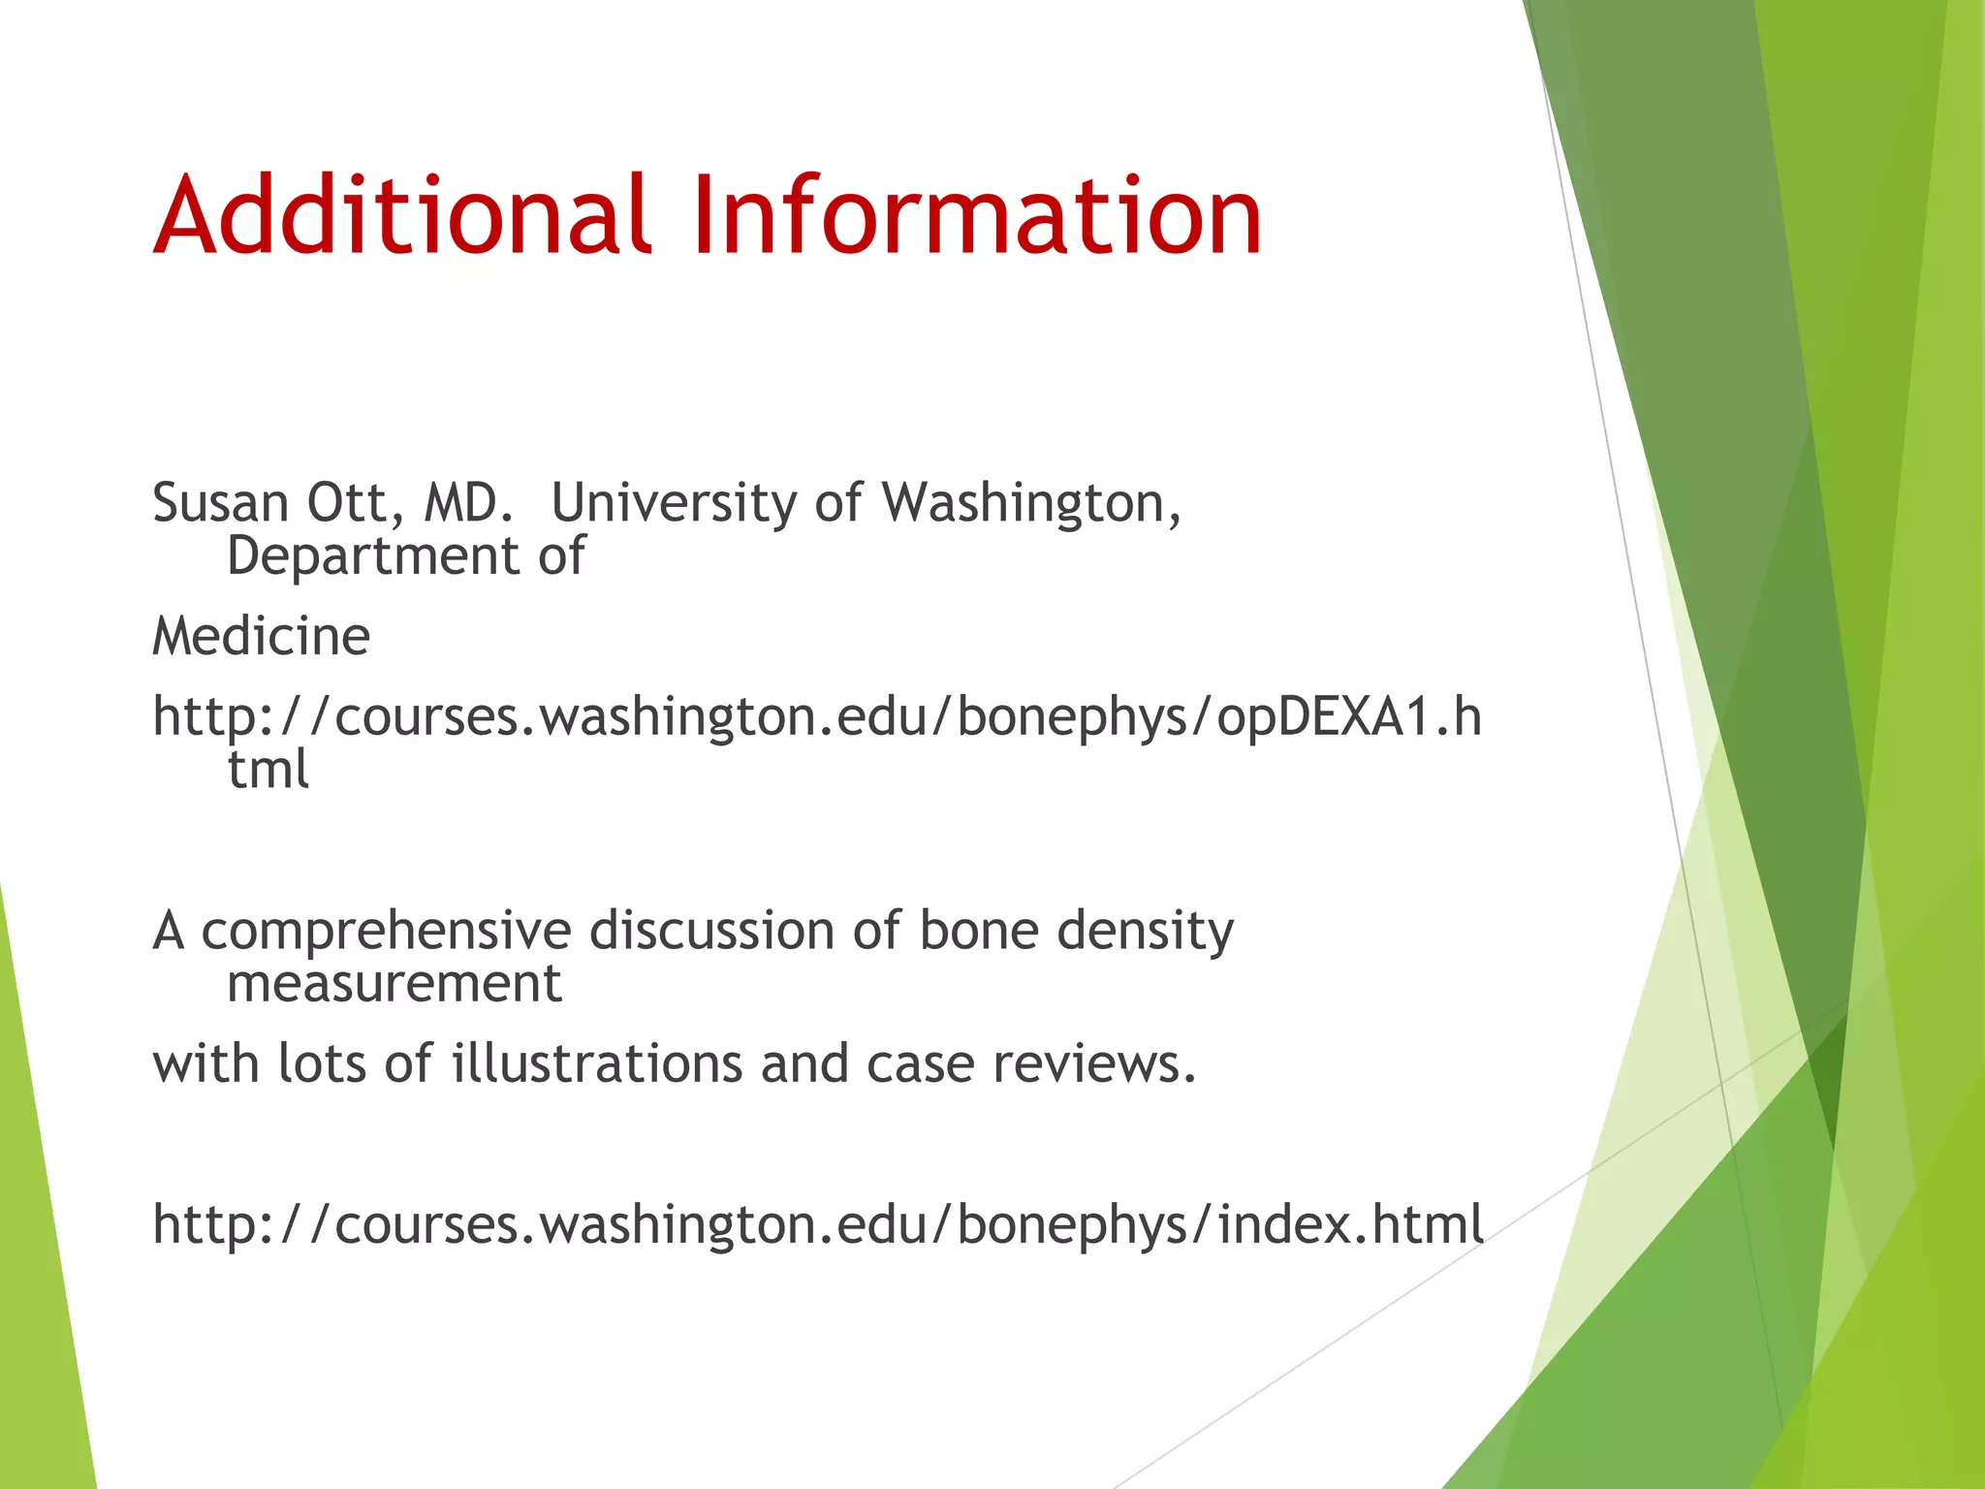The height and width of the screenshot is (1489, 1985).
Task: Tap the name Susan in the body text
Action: click(x=220, y=503)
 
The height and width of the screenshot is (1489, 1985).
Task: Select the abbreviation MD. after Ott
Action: click(x=468, y=503)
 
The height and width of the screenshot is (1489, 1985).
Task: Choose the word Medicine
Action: click(x=261, y=637)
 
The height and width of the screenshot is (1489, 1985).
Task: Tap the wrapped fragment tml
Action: click(x=268, y=769)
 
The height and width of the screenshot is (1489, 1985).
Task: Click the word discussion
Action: click(x=712, y=932)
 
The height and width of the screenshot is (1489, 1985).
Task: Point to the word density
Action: click(x=1145, y=932)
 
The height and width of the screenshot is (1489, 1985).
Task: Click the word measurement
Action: click(x=394, y=984)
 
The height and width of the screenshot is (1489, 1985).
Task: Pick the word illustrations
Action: click(x=597, y=1063)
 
